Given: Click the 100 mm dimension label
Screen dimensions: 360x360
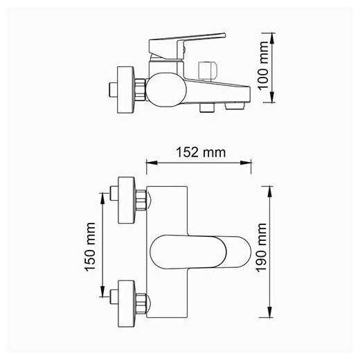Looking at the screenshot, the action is tap(264, 66).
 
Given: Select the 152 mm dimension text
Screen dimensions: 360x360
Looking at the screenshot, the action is tap(201, 152).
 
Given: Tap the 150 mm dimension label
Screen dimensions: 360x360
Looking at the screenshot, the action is tap(90, 247).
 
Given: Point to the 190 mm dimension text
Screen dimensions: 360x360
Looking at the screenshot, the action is tap(262, 248).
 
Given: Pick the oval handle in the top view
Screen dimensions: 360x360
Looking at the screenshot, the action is tap(200, 252).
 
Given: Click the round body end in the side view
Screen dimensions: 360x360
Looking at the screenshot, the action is tap(166, 90).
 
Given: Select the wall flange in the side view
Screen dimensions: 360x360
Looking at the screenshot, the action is tap(125, 90).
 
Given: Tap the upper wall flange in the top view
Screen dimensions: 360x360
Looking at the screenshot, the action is tap(127, 200).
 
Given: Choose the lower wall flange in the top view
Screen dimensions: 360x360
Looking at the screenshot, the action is tap(127, 304).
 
